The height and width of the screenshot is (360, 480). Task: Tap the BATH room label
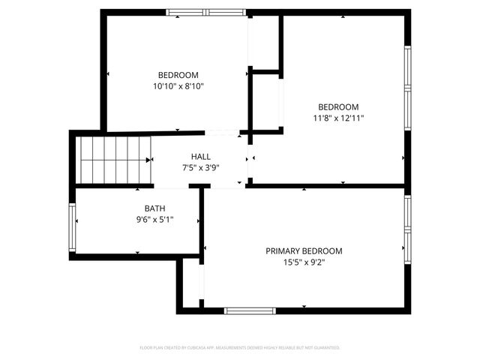pyautogui.click(x=155, y=208)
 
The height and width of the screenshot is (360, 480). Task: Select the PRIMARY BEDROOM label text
pyautogui.click(x=304, y=251)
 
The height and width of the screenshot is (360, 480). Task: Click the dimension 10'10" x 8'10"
pyautogui.click(x=178, y=86)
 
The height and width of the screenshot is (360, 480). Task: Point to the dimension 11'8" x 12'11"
pyautogui.click(x=339, y=118)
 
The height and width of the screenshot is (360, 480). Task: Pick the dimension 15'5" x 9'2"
pyautogui.click(x=304, y=262)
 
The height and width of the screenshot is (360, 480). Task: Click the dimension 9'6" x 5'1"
pyautogui.click(x=155, y=220)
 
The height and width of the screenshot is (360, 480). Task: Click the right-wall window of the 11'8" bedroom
pyautogui.click(x=408, y=90)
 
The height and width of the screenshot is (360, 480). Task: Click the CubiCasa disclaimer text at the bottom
pyautogui.click(x=240, y=348)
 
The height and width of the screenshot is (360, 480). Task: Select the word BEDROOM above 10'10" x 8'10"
pyautogui.click(x=178, y=75)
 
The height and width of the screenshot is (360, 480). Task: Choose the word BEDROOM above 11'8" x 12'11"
pyautogui.click(x=339, y=106)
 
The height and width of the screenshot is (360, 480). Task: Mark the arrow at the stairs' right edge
pyautogui.click(x=147, y=159)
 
